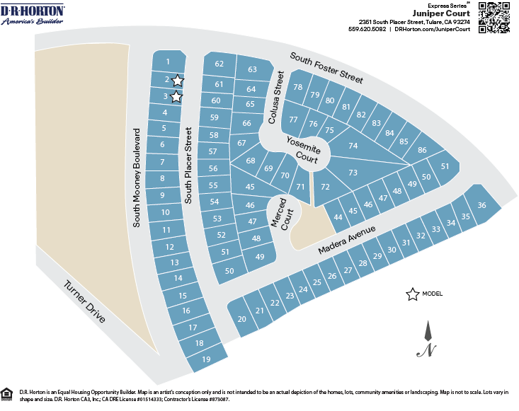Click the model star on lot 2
pyautogui.click(x=177, y=81)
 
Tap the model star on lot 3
pyautogui.click(x=176, y=98)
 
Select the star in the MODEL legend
pyautogui.click(x=411, y=295)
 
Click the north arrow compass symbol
pyautogui.click(x=428, y=340)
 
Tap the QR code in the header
pyautogui.click(x=494, y=17)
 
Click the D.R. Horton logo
pyautogui.click(x=33, y=14)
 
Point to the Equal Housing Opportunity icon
pyautogui.click(x=7, y=393)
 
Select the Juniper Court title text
pyautogui.click(x=442, y=13)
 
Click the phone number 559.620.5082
pyautogui.click(x=367, y=30)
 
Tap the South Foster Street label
pyautogui.click(x=326, y=69)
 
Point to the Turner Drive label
pyautogui.click(x=84, y=302)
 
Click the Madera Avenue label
pyautogui.click(x=346, y=241)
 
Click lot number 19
pyautogui.click(x=206, y=359)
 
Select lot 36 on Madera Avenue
pyautogui.click(x=481, y=205)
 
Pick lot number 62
pyautogui.click(x=219, y=64)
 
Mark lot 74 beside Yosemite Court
pyautogui.click(x=353, y=146)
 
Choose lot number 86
pyautogui.click(x=422, y=150)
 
